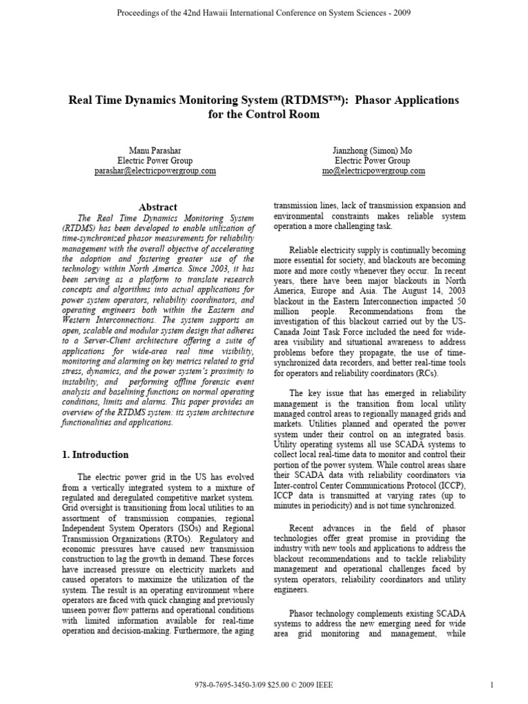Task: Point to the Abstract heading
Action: (x=158, y=206)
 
